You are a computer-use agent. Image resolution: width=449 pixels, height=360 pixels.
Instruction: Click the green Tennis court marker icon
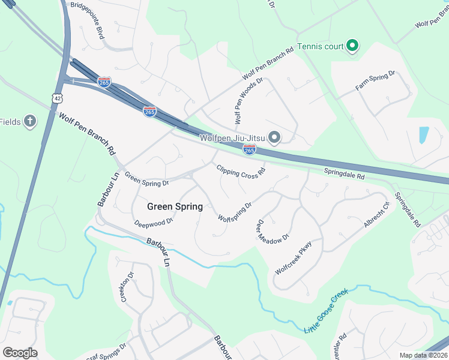[x=352, y=46]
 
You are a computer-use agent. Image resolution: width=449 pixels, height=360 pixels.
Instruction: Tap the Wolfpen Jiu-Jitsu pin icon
[x=274, y=139]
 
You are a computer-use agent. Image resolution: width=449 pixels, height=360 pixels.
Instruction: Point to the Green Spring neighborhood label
[x=175, y=206]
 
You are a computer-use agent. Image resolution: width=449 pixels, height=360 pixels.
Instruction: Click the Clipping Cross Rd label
[x=241, y=171]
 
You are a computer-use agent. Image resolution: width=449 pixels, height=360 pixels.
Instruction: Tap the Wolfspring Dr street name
[x=234, y=211]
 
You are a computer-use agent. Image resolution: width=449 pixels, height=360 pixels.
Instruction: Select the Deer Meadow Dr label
[x=273, y=230]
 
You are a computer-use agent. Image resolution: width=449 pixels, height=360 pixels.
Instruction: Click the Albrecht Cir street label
[x=377, y=216]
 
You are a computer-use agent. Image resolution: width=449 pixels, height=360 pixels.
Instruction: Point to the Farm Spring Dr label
[x=375, y=80]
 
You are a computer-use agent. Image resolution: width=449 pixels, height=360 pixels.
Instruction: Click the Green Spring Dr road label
[x=146, y=178]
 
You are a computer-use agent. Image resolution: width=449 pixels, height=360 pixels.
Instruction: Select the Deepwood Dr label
[x=154, y=221]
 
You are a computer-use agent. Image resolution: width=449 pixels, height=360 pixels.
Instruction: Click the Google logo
[x=20, y=353]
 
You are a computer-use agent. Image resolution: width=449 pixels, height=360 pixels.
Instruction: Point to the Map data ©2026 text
[x=424, y=355]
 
